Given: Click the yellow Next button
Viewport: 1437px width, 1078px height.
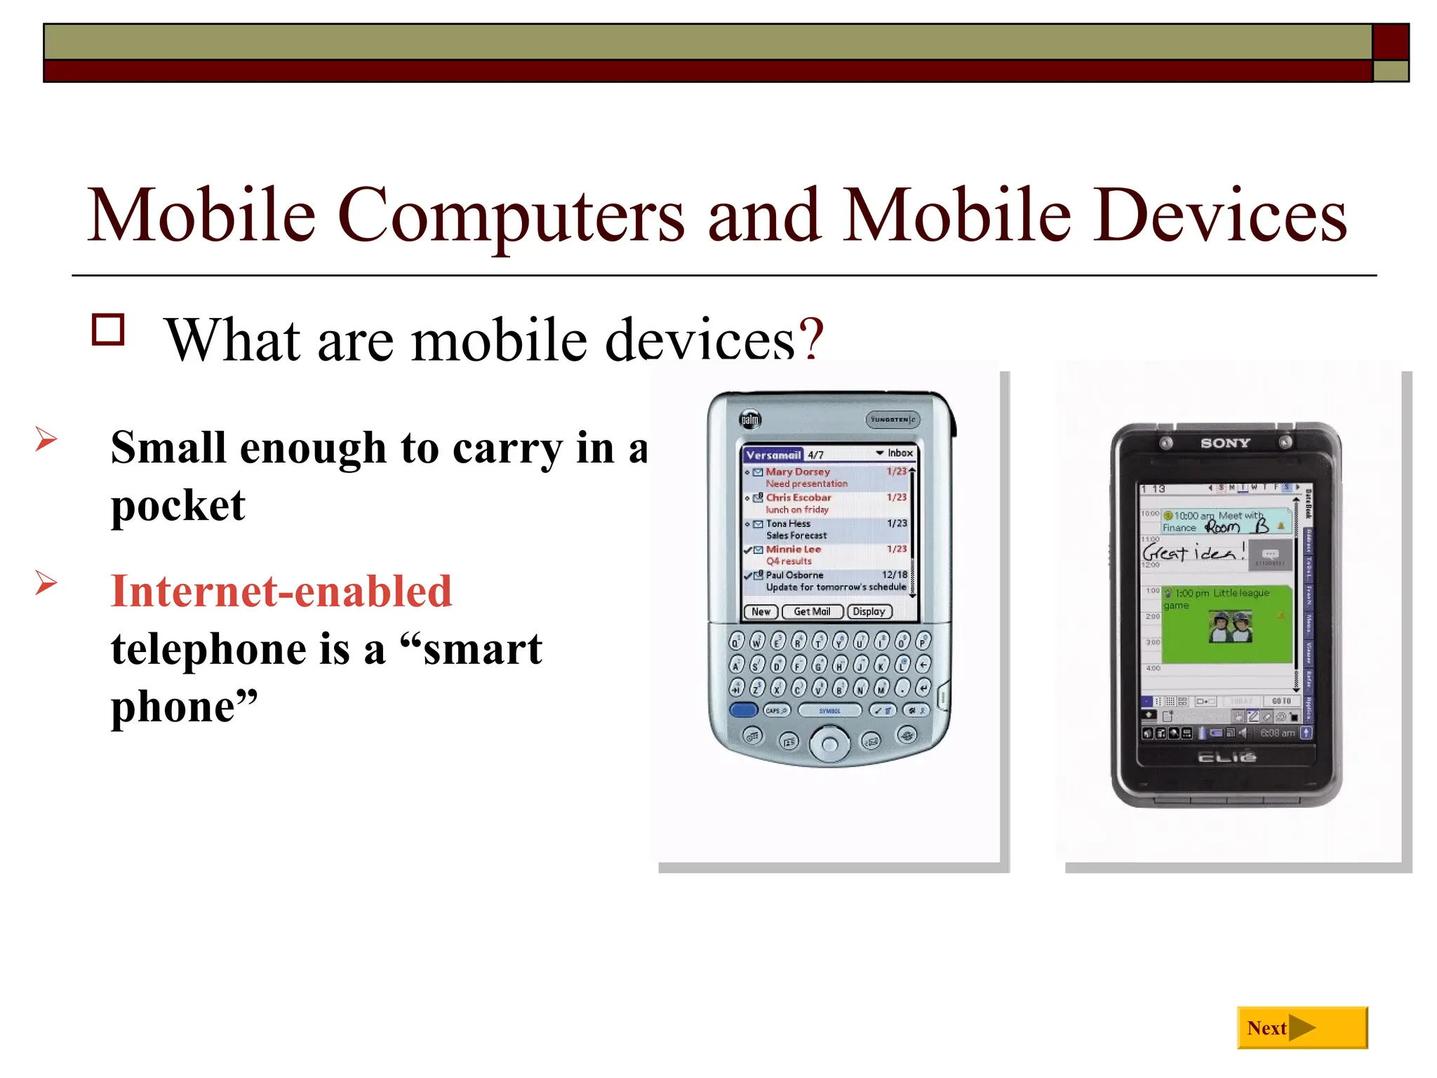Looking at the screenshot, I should pos(1302,1027).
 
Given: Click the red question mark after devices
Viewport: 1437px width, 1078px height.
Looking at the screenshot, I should pos(810,340).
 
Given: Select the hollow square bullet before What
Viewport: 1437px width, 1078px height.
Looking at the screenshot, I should pos(108,330).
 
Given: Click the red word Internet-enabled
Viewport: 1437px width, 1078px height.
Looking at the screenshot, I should pos(281,591).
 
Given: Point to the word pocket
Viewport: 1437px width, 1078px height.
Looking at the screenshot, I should pos(178,505).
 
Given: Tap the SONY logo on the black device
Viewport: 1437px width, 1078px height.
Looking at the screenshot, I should pos(1225,443).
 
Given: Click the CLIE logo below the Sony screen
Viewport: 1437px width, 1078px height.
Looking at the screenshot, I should pos(1227,757).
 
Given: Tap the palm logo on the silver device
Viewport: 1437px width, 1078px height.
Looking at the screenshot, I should pos(750,420).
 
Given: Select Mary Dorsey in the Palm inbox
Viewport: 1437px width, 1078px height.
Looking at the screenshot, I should pos(798,472).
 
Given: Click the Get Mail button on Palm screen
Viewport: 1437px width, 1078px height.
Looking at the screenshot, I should pos(812,612).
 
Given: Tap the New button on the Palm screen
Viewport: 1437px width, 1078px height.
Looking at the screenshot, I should pos(761,612).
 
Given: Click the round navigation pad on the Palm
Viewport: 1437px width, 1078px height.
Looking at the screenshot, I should pos(829,744).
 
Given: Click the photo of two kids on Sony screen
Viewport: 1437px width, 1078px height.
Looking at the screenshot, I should pos(1231,627).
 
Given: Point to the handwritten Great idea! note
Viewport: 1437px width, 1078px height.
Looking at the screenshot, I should pos(1193,552).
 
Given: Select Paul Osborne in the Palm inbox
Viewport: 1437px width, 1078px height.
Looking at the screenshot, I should pos(794,575).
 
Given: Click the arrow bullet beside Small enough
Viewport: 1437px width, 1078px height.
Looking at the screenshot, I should pos(46,439).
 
